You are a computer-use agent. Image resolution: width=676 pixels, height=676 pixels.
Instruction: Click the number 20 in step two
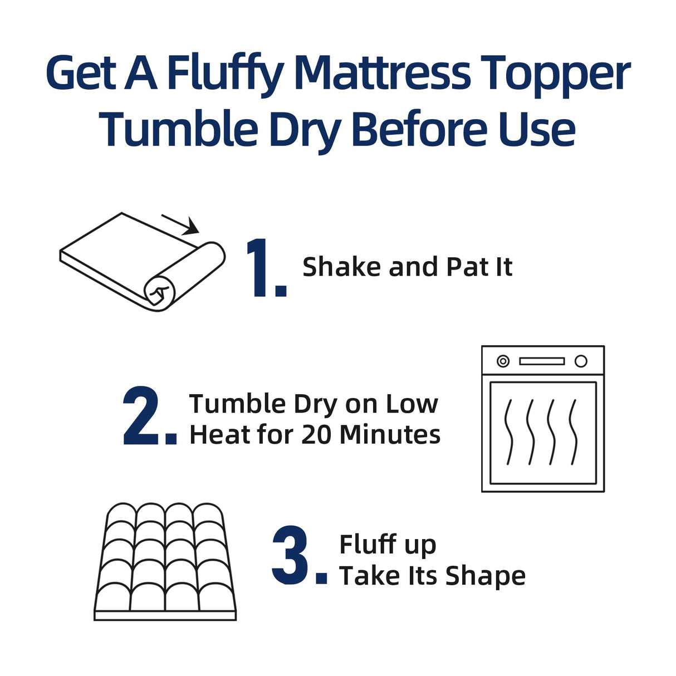click(316, 435)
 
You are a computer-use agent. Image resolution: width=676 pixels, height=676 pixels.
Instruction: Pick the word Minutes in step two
click(390, 435)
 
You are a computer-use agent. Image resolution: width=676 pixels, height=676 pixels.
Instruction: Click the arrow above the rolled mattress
click(181, 224)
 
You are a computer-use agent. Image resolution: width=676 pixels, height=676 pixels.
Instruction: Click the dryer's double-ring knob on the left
click(503, 361)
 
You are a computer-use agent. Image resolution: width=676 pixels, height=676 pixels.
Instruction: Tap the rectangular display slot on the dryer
click(542, 361)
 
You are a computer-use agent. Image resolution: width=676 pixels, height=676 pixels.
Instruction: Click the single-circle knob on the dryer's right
click(581, 361)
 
